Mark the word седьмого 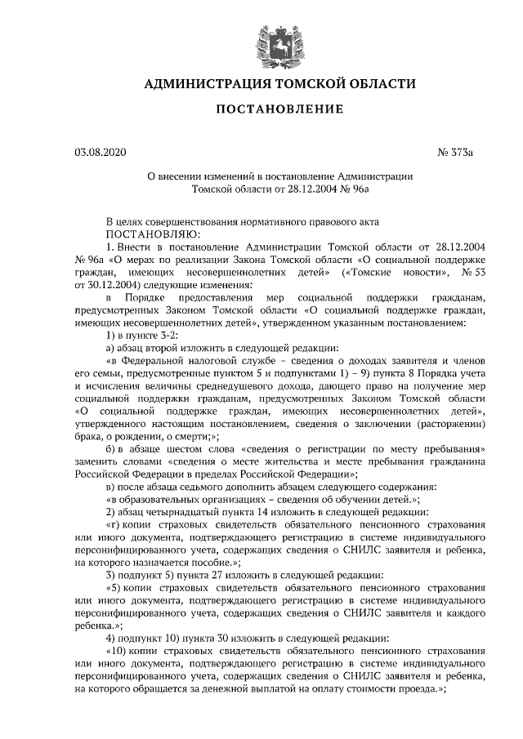[203, 487]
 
